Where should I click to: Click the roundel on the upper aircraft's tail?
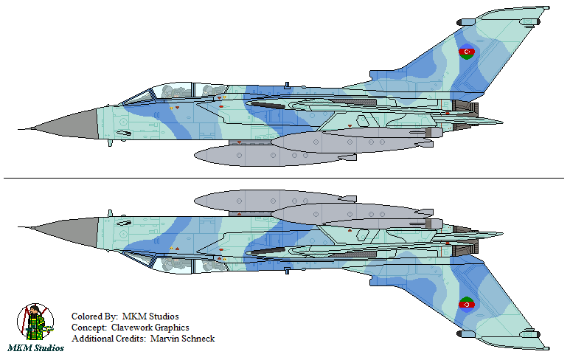click(x=466, y=52)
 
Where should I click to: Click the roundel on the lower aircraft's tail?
click(x=466, y=305)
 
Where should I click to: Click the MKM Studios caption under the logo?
click(x=35, y=348)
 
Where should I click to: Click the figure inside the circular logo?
click(x=35, y=322)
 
